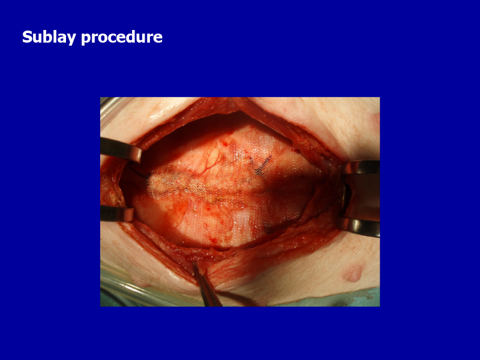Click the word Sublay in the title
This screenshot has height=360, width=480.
[x=49, y=37]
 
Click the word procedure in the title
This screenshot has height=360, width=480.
[x=122, y=38]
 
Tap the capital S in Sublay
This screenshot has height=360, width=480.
[x=27, y=37]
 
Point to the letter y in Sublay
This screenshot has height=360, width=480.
[x=71, y=39]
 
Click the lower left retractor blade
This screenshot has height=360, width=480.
[x=116, y=214]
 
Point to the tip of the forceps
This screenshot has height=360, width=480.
[x=194, y=263]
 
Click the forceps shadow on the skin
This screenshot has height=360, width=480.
[x=239, y=297]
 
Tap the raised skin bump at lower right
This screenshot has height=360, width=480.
[x=353, y=273]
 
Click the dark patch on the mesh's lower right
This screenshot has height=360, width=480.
[x=274, y=228]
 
